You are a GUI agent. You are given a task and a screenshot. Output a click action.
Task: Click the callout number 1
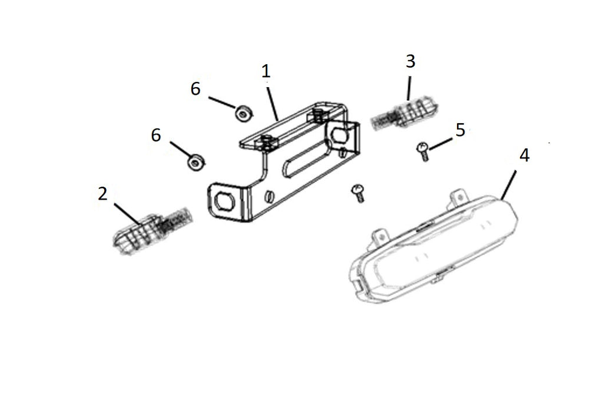pos(266,71)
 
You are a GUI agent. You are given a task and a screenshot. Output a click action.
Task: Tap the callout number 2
pos(102,193)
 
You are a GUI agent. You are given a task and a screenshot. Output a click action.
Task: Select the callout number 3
pos(410,61)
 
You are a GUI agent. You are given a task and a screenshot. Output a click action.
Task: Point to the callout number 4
pos(524,155)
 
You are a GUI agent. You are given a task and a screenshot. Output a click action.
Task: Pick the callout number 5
pos(460,130)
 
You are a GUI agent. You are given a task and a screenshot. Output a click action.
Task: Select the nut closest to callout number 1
pos(243,114)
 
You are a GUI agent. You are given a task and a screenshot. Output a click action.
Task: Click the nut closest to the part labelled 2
pos(196,163)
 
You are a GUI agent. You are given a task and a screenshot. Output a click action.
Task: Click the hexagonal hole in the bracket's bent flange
pos(223,200)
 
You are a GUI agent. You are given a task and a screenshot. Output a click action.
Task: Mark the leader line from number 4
pos(509,184)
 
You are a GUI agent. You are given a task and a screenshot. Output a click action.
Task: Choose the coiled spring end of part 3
pos(385,120)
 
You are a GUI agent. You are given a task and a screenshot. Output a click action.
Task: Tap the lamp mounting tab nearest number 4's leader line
pos(459,197)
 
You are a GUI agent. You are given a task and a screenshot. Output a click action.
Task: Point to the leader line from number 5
pos(440,143)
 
